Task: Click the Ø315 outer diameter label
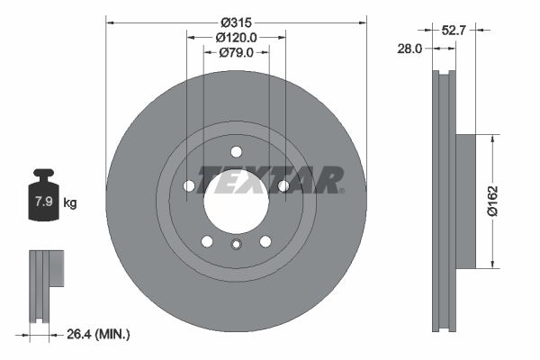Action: point(237,20)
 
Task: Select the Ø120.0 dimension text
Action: point(237,37)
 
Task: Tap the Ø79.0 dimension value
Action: point(237,53)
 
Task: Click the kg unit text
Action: point(69,202)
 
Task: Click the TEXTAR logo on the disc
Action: point(270,179)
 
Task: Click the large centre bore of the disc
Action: point(236,200)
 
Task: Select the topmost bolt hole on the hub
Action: point(236,151)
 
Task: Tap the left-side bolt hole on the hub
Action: point(189,186)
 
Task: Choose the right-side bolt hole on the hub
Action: point(283,186)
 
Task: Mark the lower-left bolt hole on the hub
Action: point(206,240)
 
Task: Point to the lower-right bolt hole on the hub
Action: point(265,240)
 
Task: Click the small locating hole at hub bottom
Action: point(236,245)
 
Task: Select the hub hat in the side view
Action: point(465,202)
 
